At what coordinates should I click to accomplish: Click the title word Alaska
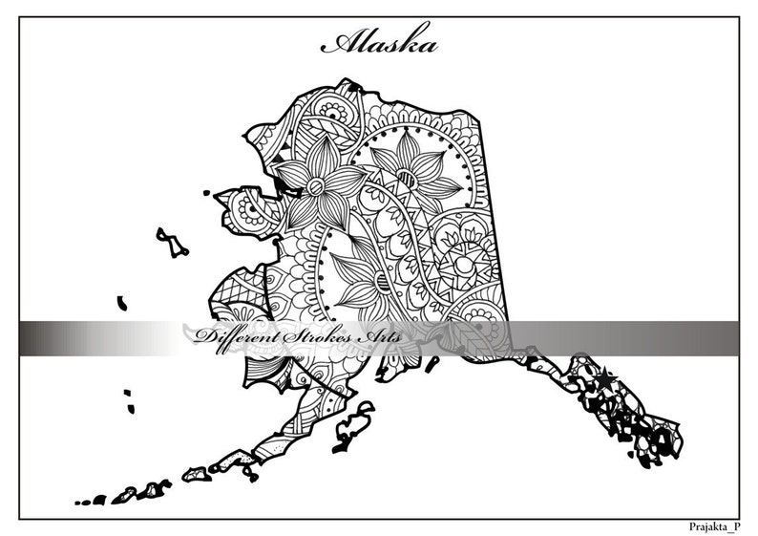tap(380, 44)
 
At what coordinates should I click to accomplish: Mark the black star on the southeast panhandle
tap(605, 379)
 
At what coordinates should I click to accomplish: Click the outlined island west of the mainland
tap(172, 242)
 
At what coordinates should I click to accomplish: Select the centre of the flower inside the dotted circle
tap(405, 176)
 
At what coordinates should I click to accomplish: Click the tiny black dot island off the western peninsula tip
tap(207, 193)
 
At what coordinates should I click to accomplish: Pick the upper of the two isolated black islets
tap(122, 303)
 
